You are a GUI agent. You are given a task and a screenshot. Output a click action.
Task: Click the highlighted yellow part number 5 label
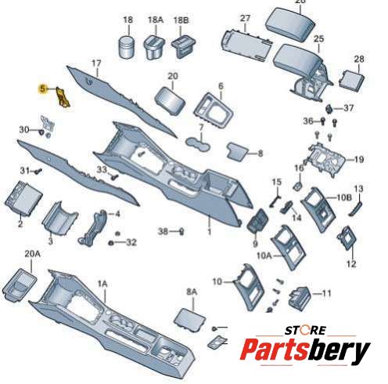coord(42,89)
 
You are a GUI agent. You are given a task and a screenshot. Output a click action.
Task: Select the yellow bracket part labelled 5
coord(63,97)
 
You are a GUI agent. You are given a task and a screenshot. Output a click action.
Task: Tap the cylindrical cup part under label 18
coord(127,47)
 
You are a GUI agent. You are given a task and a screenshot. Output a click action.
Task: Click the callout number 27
coord(245,19)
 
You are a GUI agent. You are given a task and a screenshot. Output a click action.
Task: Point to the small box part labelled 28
coord(351,80)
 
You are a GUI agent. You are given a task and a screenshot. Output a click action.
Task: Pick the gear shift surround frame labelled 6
coord(214,110)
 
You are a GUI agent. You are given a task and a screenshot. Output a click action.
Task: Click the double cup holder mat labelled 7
coord(198,144)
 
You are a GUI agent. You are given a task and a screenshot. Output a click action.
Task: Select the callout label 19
coord(359,159)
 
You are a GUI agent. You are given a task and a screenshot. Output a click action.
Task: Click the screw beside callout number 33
coord(115,176)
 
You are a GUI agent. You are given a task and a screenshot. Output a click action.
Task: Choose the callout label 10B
coord(344,197)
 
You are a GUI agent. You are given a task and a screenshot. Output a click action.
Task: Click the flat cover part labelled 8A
coord(190,319)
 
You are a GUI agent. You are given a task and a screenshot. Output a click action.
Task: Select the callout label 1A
coord(102,284)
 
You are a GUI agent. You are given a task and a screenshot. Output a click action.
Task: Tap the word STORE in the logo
coord(305,330)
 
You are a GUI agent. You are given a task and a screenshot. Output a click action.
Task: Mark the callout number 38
coord(163,231)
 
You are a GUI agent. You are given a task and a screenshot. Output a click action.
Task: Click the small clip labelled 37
coord(329,108)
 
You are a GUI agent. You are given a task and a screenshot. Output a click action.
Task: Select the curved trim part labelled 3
coord(59,217)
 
